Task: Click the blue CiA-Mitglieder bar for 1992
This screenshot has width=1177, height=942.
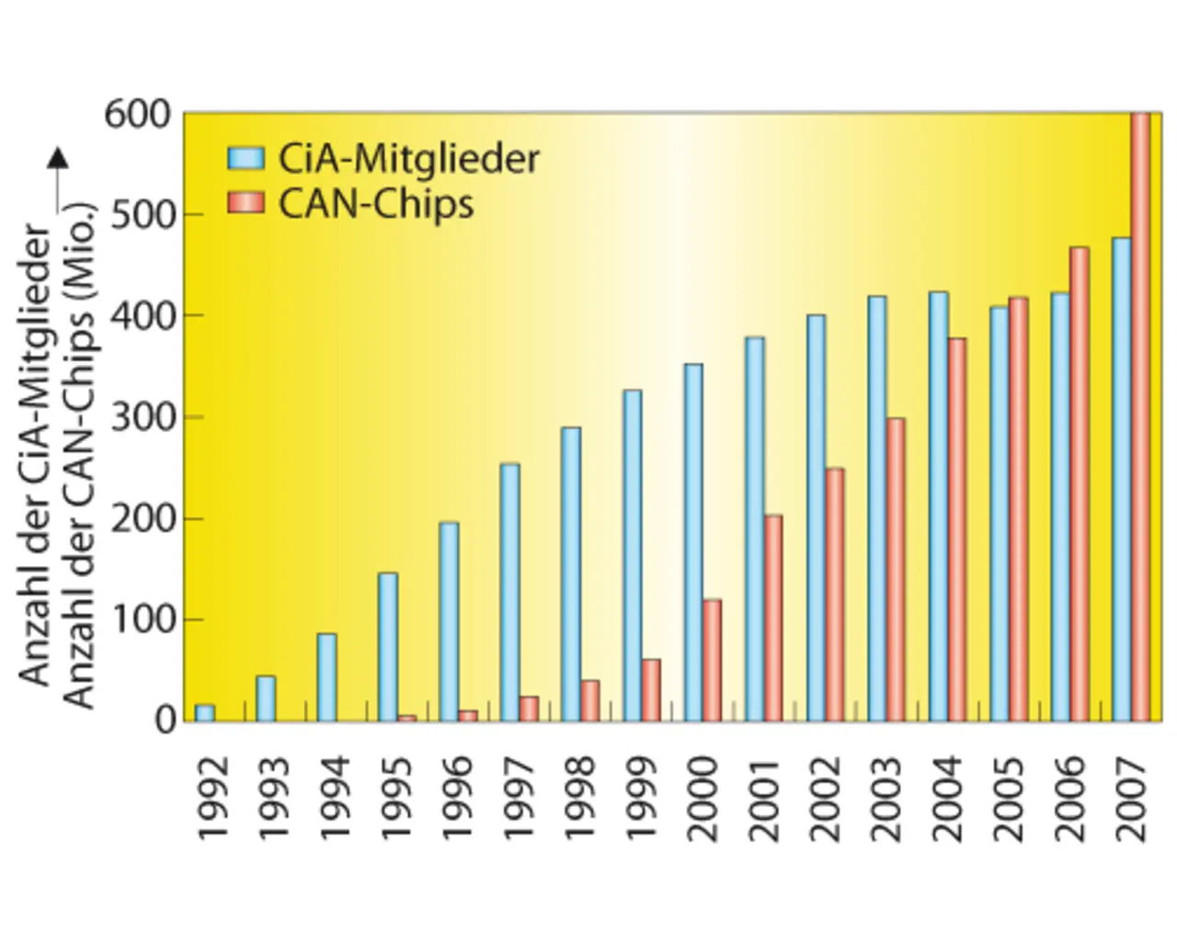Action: pos(205,712)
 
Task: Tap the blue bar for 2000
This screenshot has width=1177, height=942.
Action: pos(693,542)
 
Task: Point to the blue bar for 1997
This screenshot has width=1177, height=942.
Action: pos(509,592)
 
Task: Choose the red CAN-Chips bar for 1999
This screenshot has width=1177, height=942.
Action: pos(651,689)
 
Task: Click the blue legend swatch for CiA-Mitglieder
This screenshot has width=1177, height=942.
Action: pos(246,158)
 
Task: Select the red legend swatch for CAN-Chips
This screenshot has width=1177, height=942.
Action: pos(246,203)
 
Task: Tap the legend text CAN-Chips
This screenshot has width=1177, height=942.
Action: pos(376,203)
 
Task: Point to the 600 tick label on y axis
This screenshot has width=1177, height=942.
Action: pos(138,115)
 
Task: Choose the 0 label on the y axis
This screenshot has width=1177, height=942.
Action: pos(165,721)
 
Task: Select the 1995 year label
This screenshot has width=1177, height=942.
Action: pos(397,798)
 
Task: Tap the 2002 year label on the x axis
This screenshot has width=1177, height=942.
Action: pos(826,798)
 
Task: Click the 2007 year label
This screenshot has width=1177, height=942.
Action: pos(1132,798)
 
